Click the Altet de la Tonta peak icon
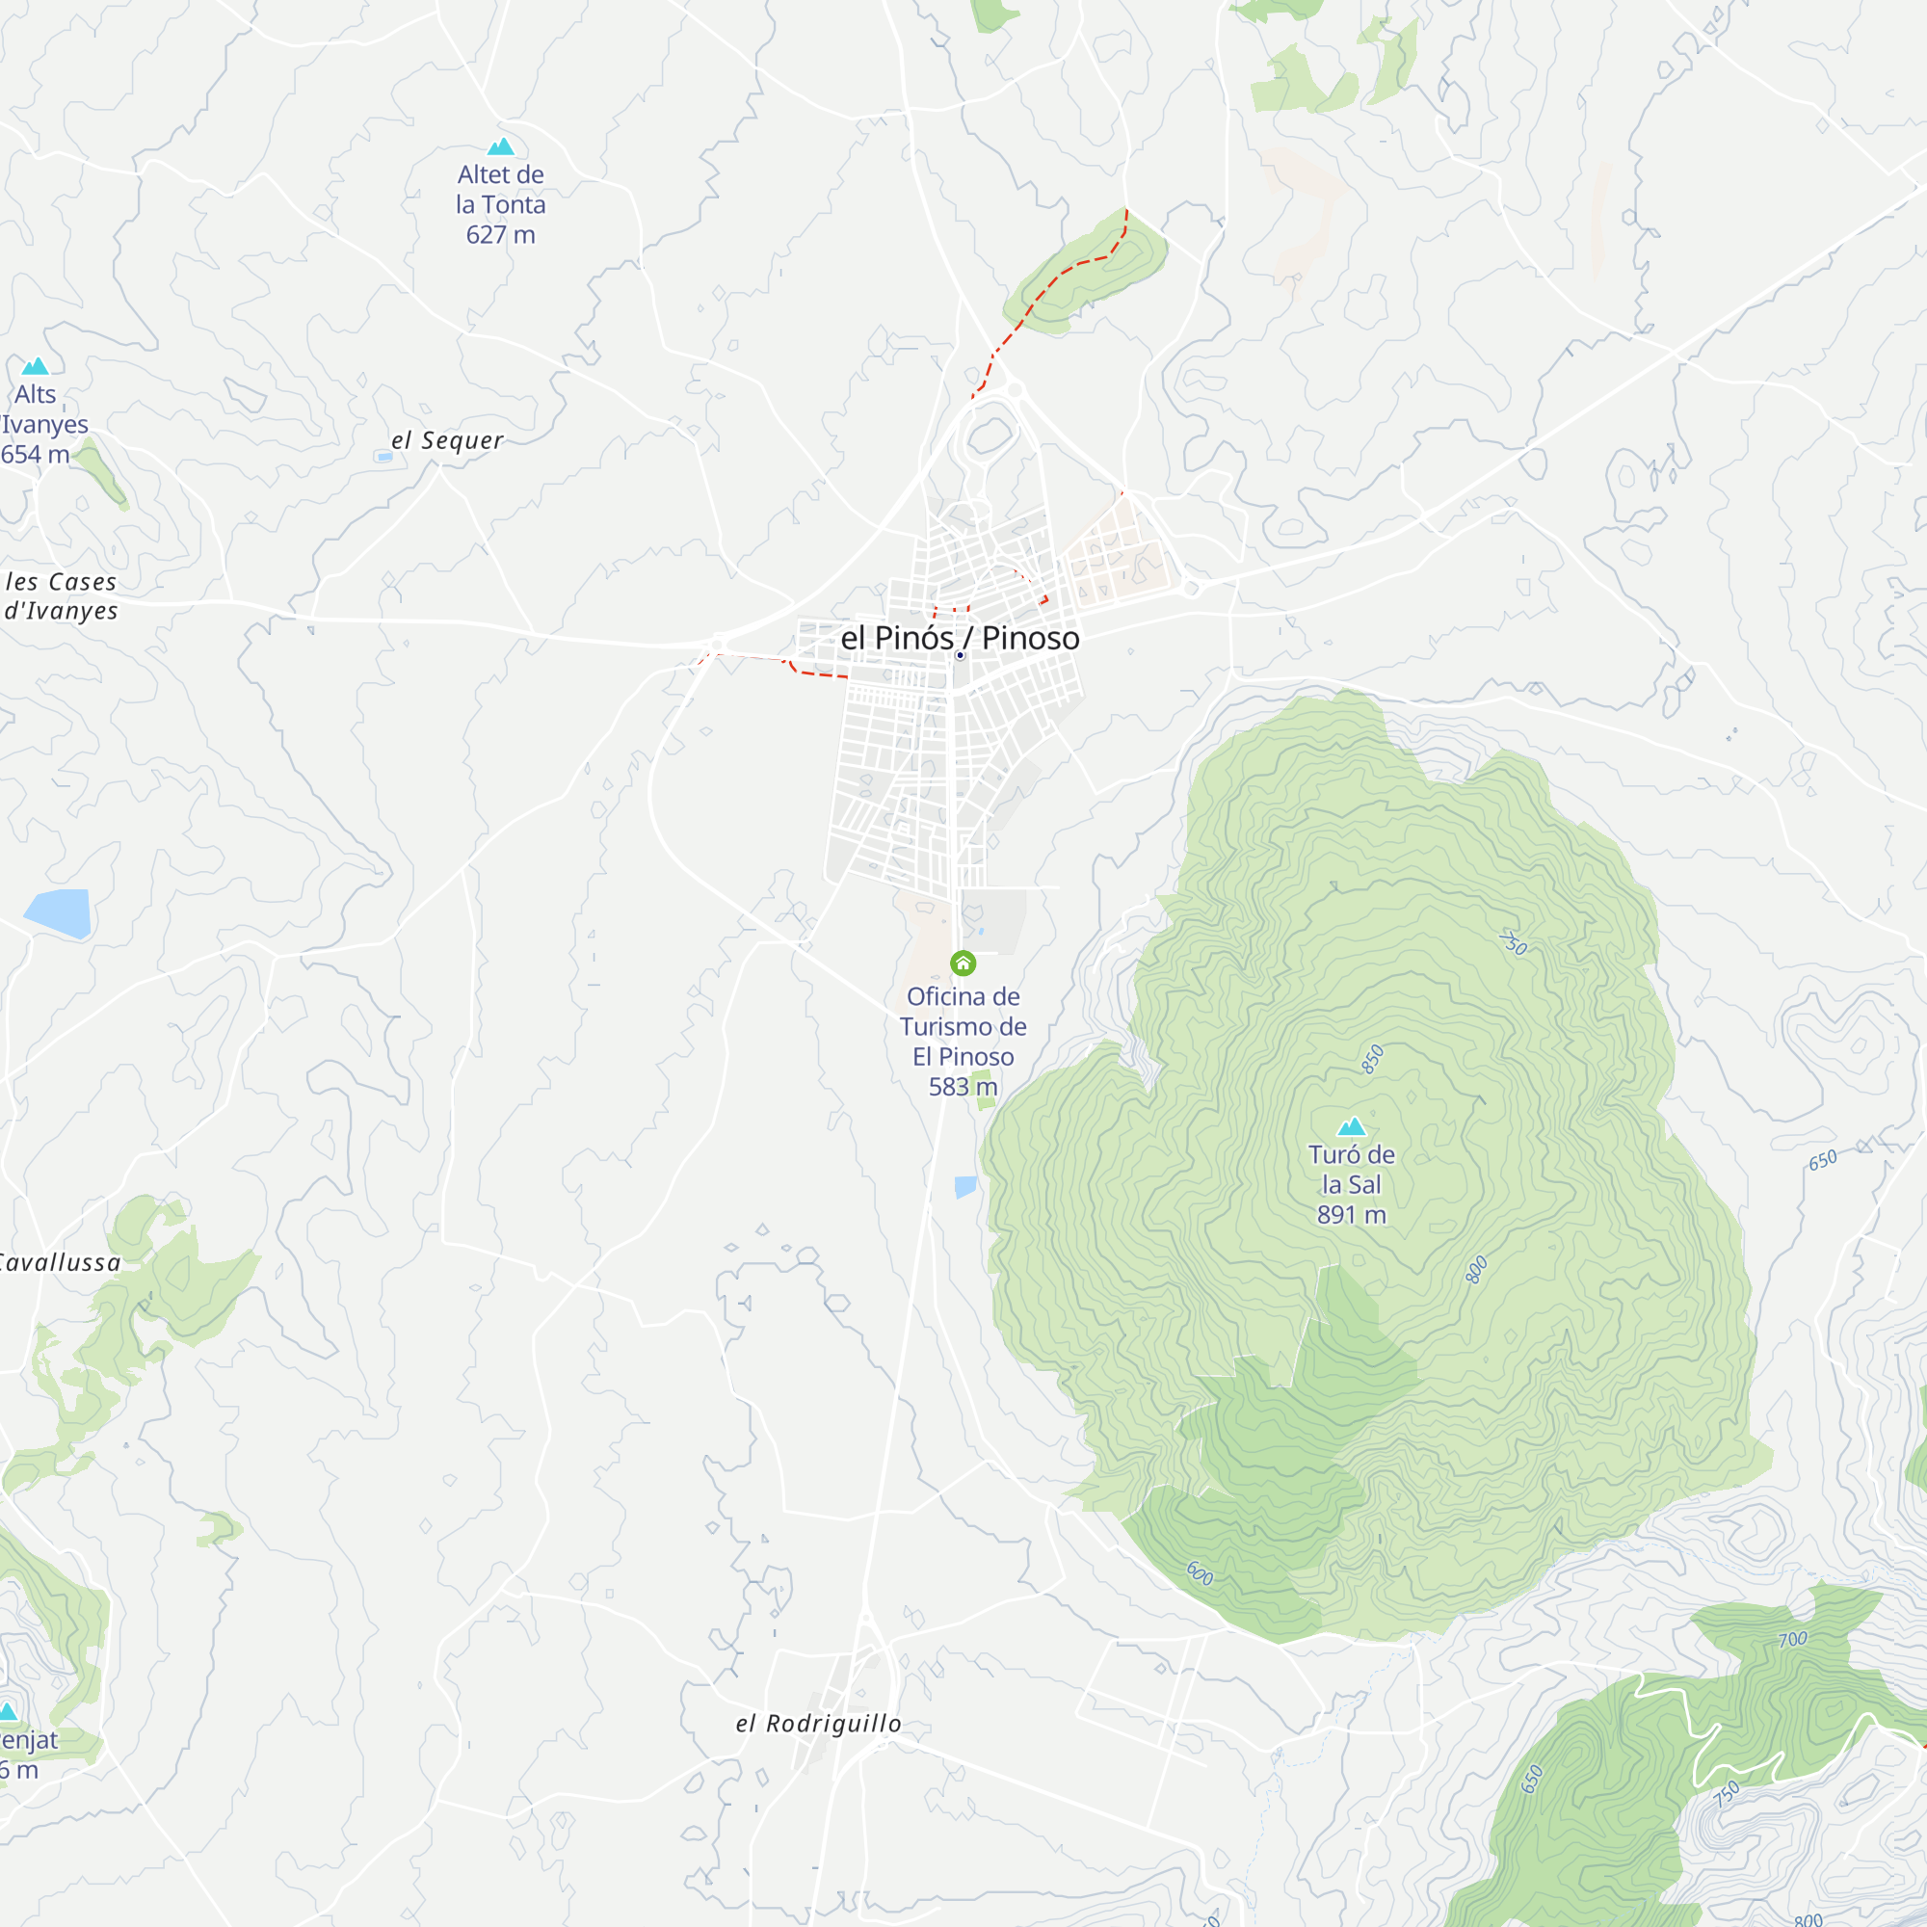pos(501,146)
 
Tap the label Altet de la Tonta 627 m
pos(501,204)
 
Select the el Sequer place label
pos(447,440)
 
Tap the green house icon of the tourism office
pos(963,963)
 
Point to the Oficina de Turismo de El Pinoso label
pos(963,1026)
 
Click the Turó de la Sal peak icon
pos(1352,1126)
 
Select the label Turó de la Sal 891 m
pos(1352,1184)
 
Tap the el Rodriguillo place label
pos(818,1724)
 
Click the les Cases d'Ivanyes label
pos(61,596)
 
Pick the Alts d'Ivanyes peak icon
pos(36,366)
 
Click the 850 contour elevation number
pos(1373,1059)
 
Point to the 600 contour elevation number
pos(1200,1574)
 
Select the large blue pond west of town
pos(60,911)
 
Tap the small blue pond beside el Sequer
pos(385,457)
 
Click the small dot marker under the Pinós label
pos(960,655)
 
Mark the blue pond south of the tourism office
pos(965,1186)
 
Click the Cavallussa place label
pos(60,1263)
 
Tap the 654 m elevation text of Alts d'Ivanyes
pos(36,455)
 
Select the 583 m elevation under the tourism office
pos(963,1086)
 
